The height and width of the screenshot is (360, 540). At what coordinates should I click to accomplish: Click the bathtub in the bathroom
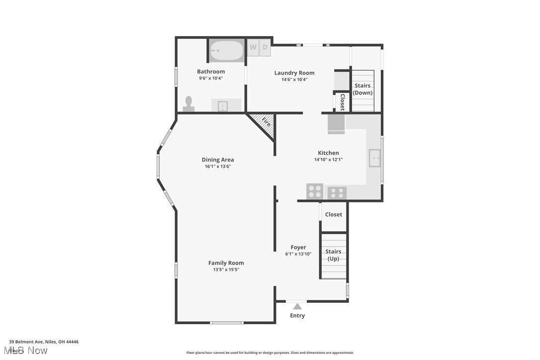(227, 50)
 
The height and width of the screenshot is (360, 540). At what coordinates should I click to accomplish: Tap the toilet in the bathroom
(188, 103)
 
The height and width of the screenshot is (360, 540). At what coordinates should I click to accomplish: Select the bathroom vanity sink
(223, 105)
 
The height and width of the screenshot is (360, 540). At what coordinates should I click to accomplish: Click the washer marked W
(253, 47)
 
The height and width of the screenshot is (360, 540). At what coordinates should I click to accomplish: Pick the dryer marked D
(265, 47)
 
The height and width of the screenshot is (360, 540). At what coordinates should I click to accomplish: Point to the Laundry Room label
(294, 73)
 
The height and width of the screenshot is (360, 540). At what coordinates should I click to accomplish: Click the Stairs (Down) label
(362, 89)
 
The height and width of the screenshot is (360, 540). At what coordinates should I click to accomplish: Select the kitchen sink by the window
(374, 159)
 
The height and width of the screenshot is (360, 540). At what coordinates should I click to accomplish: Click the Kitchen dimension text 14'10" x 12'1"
(328, 160)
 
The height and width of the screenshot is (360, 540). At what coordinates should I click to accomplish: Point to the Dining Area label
(218, 160)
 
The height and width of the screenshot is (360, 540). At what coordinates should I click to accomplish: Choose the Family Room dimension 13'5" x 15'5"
(226, 270)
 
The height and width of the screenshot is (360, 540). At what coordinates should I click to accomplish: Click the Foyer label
(298, 247)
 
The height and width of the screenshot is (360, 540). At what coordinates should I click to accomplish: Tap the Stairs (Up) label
(333, 255)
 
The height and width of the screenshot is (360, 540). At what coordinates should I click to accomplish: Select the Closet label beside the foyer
(334, 214)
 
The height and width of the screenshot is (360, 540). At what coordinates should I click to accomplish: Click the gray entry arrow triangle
(297, 306)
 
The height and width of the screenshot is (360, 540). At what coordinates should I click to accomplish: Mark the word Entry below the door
(297, 316)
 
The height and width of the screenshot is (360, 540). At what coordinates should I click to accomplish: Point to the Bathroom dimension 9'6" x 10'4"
(211, 78)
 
